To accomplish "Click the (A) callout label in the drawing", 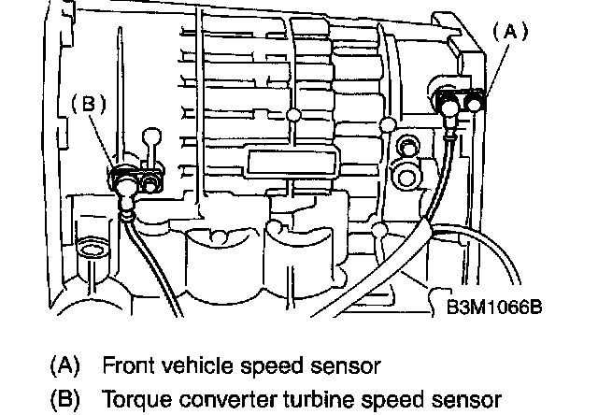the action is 511,30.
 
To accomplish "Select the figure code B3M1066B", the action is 494,305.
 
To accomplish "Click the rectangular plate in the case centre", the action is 289,164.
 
